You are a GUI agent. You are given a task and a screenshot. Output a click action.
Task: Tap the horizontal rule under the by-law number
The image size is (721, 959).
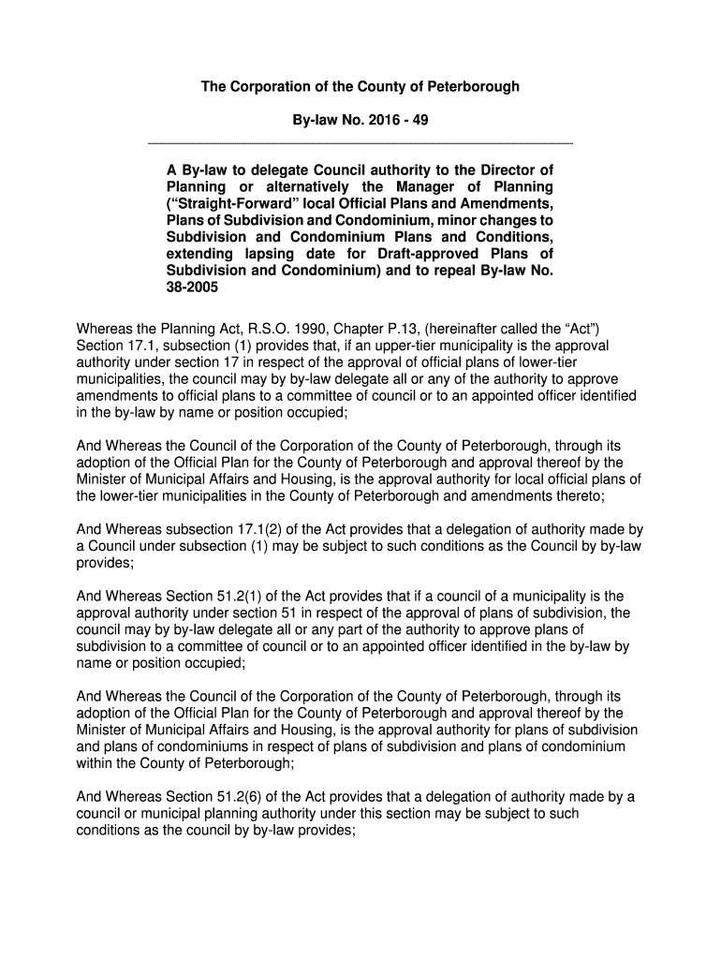click(360, 143)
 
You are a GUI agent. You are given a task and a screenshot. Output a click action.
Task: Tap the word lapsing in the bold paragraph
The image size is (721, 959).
click(266, 254)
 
